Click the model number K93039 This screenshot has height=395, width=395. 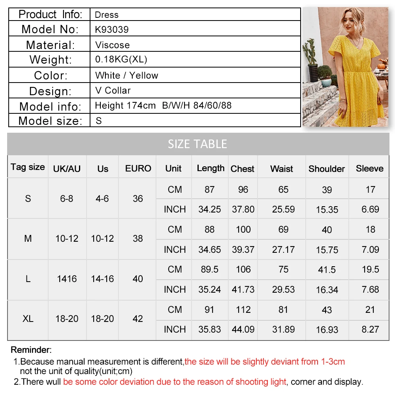(x=112, y=30)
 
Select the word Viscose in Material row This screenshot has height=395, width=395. (x=112, y=45)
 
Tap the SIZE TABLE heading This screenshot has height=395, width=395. (x=197, y=144)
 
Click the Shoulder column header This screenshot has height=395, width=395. (x=327, y=169)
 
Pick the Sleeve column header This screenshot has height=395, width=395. (x=369, y=168)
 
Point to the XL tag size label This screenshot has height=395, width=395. (x=28, y=318)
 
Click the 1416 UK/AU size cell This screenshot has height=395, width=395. (x=67, y=279)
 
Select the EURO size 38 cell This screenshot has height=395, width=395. (x=138, y=239)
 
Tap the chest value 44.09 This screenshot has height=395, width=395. (x=243, y=329)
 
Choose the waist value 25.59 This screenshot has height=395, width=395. (x=283, y=209)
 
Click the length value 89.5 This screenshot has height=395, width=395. (x=209, y=269)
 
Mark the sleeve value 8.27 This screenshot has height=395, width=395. (x=370, y=329)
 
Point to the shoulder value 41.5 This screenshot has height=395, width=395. (x=327, y=270)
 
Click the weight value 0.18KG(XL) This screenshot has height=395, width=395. (x=121, y=60)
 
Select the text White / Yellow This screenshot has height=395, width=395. (x=126, y=75)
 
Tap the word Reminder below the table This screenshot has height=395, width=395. (x=31, y=350)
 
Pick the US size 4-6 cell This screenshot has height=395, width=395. (x=102, y=199)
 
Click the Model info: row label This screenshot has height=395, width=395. (x=50, y=107)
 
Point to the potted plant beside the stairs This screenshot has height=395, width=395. (x=325, y=75)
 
